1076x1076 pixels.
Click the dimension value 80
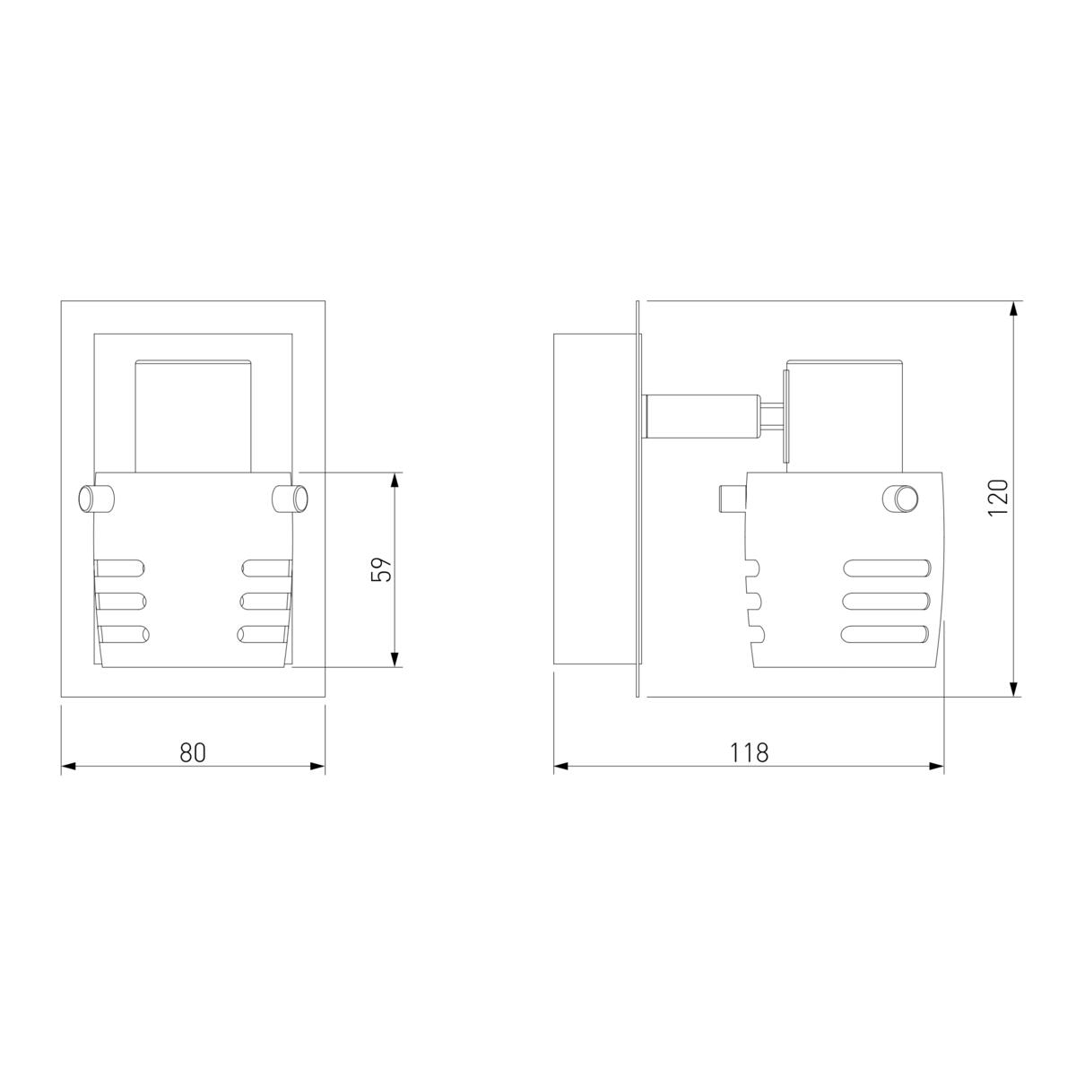pos(193,752)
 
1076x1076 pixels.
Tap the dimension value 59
pos(382,569)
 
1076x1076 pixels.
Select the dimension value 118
pos(750,752)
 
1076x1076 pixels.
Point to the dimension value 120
pos(998,498)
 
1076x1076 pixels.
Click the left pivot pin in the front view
pos(97,499)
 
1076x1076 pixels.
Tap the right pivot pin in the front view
pos(290,499)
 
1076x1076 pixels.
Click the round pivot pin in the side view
pos(900,498)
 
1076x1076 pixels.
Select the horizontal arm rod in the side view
pos(702,415)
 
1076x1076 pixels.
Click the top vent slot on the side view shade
pos(887,568)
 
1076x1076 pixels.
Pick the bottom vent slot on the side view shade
pos(886,634)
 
